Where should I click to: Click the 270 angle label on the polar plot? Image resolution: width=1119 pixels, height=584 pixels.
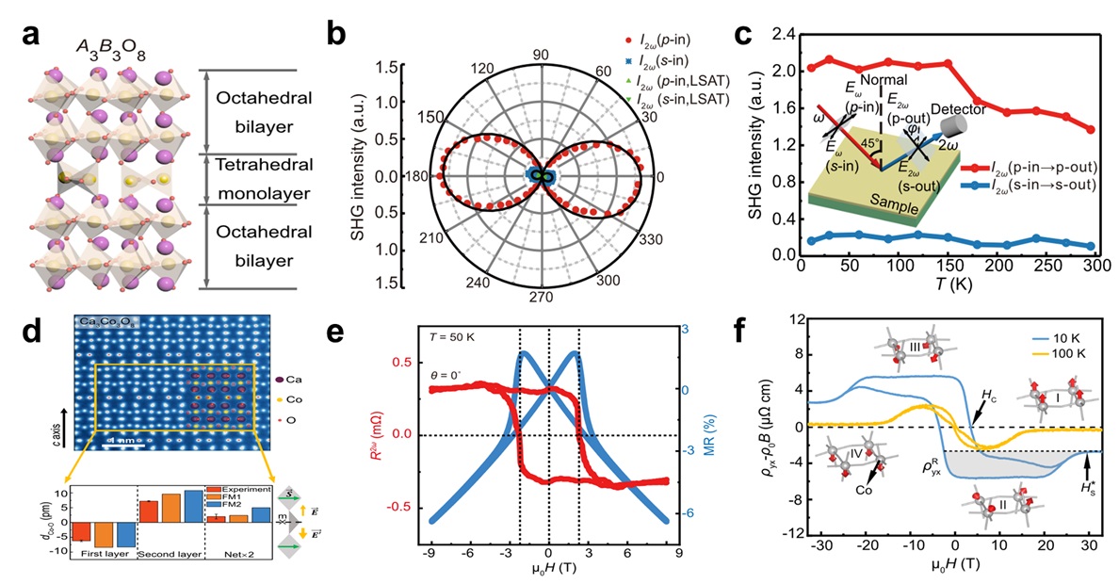pyautogui.click(x=541, y=323)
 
